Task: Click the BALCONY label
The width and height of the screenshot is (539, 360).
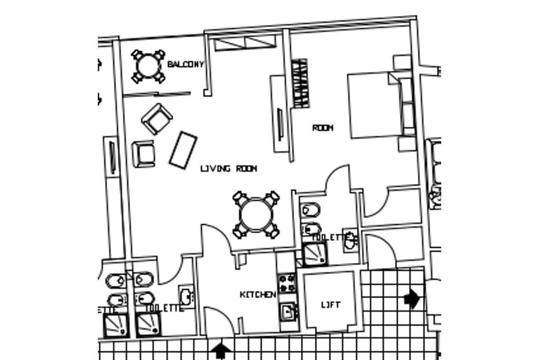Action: point(185,65)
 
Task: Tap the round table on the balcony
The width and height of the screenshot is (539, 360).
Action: point(148,67)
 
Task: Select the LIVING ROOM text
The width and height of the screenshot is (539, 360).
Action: point(229,168)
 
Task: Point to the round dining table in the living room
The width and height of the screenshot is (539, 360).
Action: point(256,215)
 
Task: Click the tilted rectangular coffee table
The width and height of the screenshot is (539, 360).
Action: point(182,150)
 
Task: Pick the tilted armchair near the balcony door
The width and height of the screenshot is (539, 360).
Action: point(157,118)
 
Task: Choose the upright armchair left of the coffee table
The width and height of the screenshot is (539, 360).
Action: point(144,153)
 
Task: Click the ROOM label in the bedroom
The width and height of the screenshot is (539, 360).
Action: point(322,128)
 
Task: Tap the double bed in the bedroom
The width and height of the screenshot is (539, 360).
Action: point(376,105)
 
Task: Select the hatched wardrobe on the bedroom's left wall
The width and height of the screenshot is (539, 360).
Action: point(300,83)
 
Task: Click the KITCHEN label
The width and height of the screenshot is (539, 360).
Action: point(258,295)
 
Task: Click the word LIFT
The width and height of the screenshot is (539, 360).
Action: point(330,305)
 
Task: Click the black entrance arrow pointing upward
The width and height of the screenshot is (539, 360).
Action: point(221,351)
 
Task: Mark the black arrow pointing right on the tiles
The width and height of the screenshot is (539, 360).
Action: point(413,298)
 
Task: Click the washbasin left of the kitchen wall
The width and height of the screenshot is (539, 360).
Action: point(186,295)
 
